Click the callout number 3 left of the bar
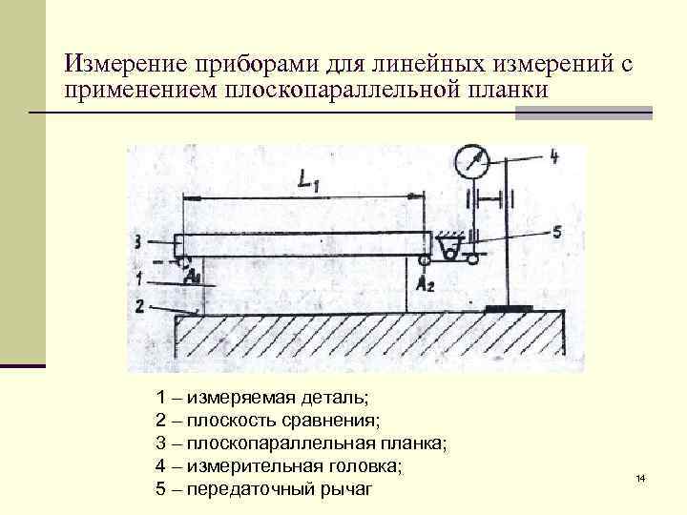138,240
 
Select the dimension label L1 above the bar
308,181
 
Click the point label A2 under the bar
427,283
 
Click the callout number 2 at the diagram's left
139,306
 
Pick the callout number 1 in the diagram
139,279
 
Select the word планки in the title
503,92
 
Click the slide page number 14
640,477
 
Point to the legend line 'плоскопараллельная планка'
300,443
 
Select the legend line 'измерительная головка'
278,466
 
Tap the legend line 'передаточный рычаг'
262,490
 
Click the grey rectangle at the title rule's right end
583,113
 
